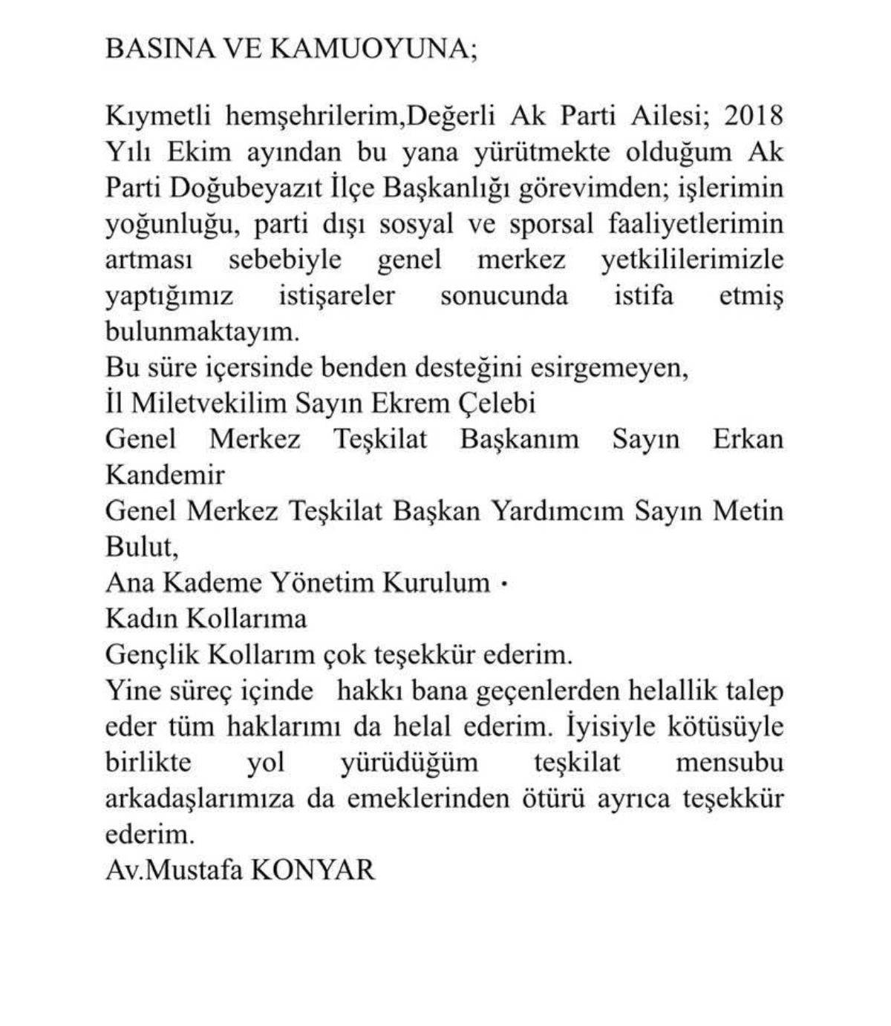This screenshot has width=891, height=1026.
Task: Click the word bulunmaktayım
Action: (203, 332)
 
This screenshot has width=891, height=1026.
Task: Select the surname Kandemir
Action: (165, 475)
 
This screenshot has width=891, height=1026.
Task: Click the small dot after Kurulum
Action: (505, 584)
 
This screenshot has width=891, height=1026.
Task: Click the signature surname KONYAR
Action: (313, 869)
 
